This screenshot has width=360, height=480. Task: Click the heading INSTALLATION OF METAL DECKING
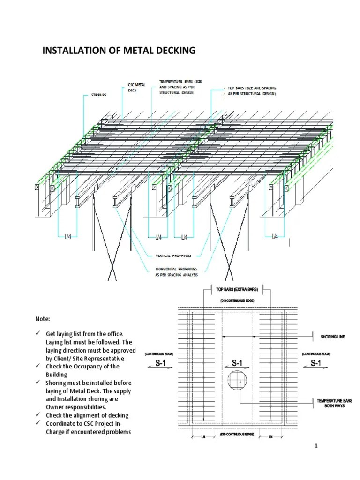(119, 50)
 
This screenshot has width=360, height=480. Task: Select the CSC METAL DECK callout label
(137, 88)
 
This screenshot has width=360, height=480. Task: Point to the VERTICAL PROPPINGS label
(177, 256)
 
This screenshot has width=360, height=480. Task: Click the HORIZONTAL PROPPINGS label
(177, 272)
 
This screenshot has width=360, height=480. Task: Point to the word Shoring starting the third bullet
(57, 382)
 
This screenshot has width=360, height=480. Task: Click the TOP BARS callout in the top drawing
(252, 91)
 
